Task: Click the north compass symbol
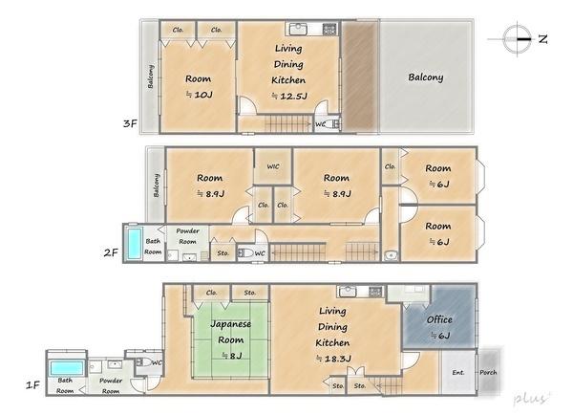coord(517,39)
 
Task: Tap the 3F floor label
coord(130,123)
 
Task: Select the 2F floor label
coord(111,252)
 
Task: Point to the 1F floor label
coord(32,385)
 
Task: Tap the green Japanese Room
coord(231,339)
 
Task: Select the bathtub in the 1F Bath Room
coord(66,368)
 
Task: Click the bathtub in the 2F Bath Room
coord(134,244)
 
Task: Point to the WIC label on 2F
coord(273,166)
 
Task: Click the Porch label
coord(488,372)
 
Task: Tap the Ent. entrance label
coord(458,373)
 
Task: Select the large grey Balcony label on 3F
coord(426,77)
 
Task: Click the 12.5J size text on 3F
coord(289,97)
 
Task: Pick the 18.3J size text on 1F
coord(333,359)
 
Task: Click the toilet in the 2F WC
coord(245,252)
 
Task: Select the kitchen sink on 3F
coord(298,29)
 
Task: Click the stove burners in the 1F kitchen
coord(374,292)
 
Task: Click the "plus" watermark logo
coord(532,398)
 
